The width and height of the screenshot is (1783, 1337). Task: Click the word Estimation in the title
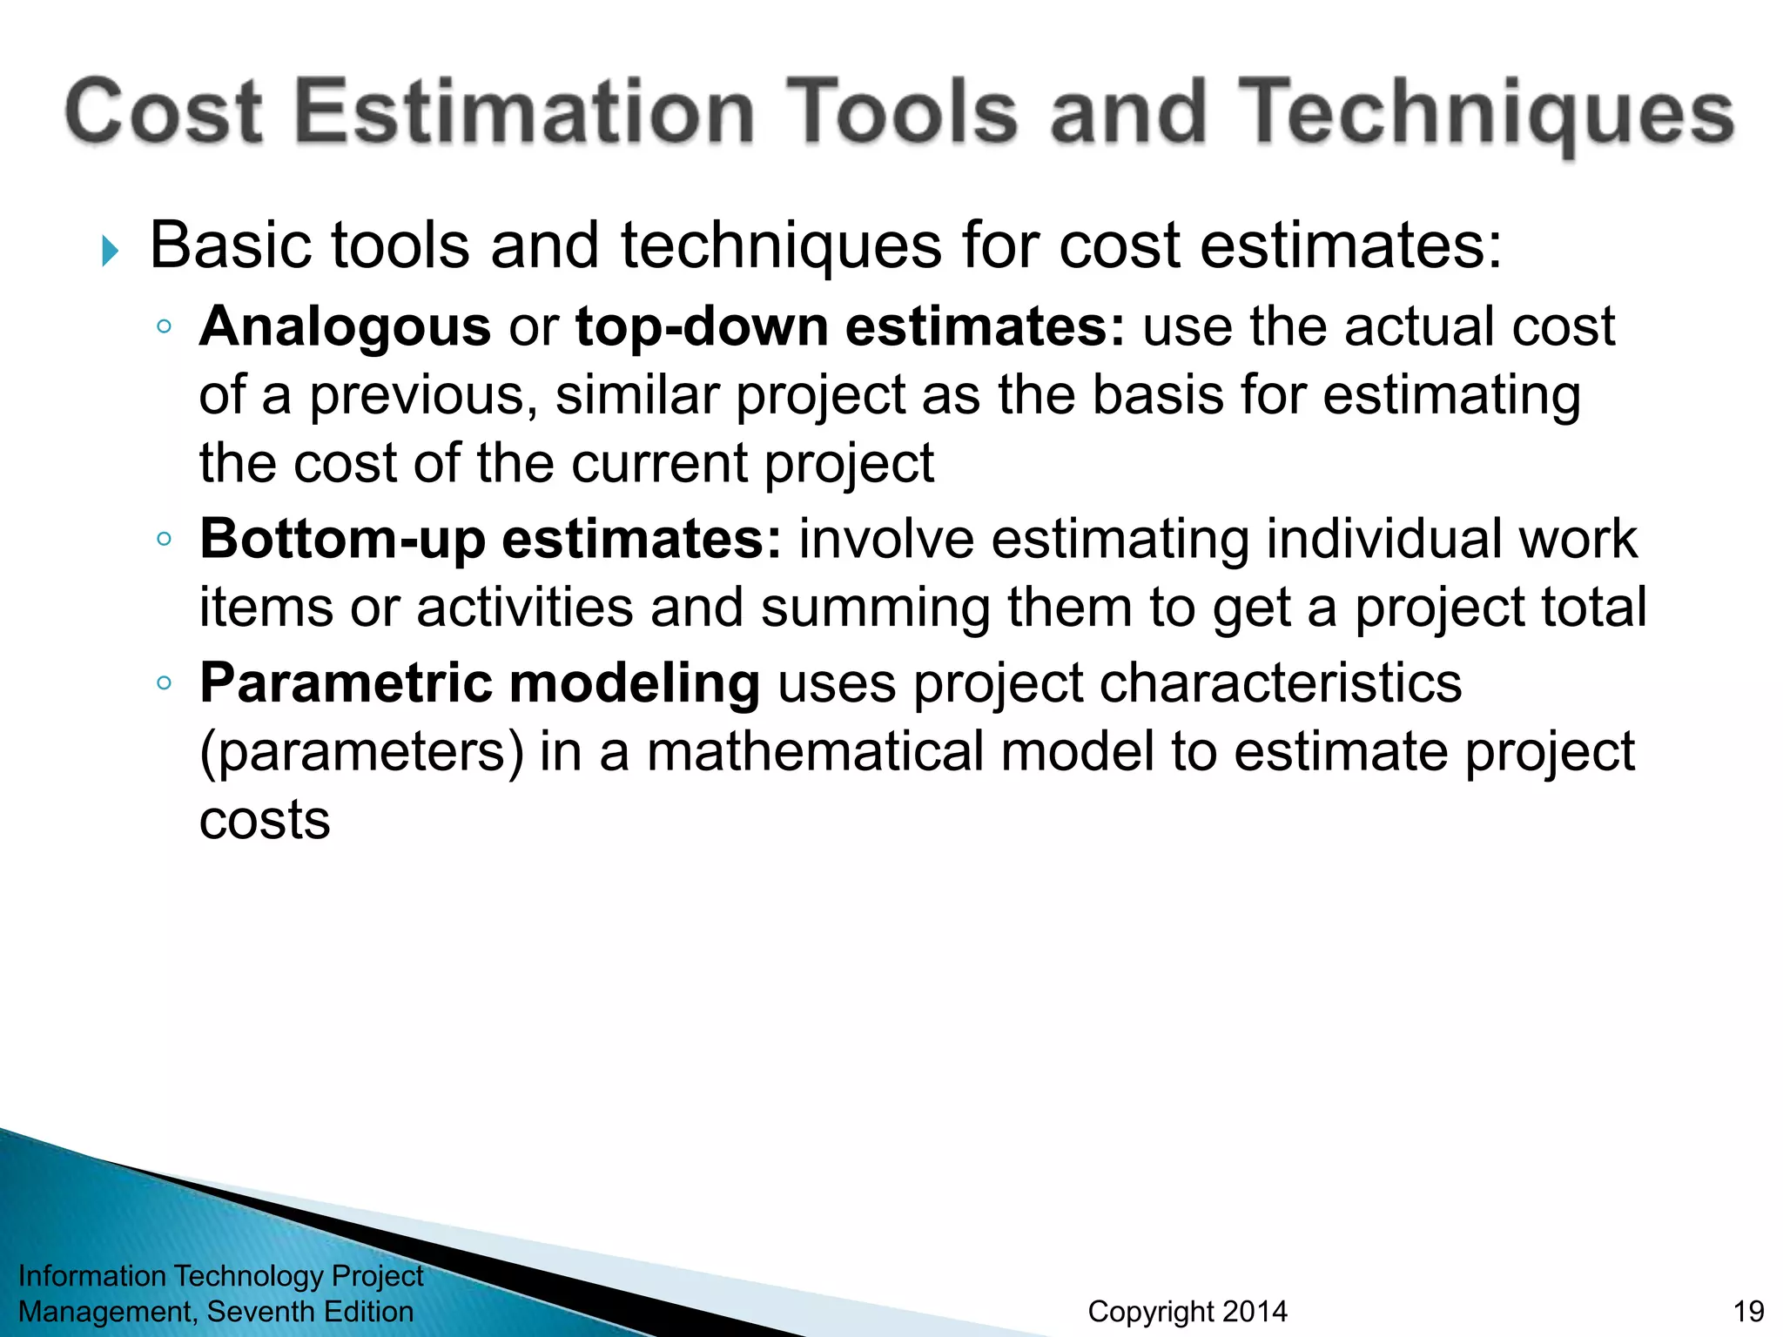[525, 111]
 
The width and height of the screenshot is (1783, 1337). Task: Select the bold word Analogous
[345, 327]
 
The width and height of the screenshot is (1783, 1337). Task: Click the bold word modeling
[635, 683]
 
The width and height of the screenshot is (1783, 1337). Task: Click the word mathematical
[815, 752]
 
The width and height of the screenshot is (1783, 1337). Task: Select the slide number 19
[1748, 1312]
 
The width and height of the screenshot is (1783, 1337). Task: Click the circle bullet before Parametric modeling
[164, 683]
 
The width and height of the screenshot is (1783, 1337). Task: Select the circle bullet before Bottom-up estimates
[164, 539]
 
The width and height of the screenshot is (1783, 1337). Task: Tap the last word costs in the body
[265, 821]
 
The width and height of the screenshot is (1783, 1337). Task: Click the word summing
[875, 608]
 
